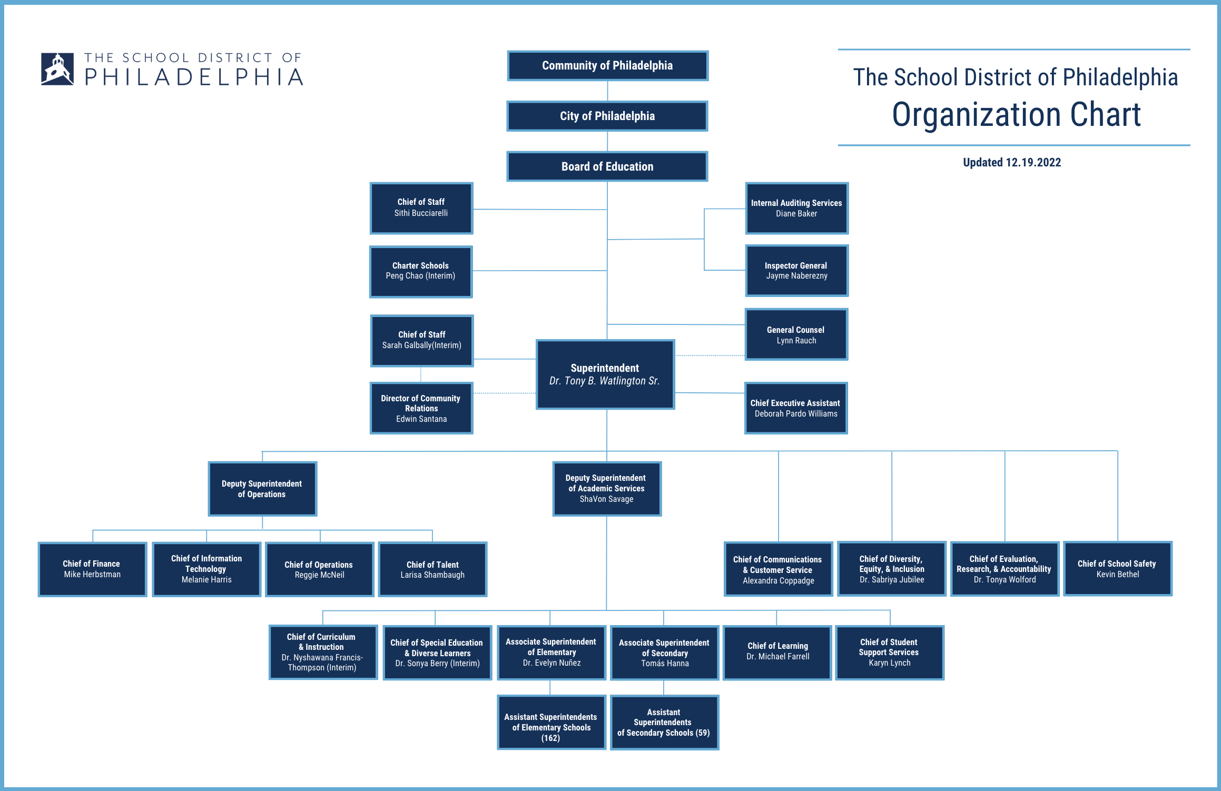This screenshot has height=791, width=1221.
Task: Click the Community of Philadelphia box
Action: (607, 66)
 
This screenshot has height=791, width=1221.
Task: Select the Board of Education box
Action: (607, 166)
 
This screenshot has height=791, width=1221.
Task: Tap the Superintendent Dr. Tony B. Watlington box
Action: (605, 374)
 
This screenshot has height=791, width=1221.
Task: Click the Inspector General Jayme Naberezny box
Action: (796, 271)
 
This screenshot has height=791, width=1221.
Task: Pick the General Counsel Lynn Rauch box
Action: (796, 335)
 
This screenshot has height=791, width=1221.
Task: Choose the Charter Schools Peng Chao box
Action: (421, 271)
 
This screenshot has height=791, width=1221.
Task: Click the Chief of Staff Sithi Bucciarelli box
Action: (421, 208)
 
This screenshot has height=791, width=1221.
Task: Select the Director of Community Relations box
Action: (421, 408)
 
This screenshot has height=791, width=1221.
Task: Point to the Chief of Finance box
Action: (92, 569)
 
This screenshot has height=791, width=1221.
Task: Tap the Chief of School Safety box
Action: (1117, 569)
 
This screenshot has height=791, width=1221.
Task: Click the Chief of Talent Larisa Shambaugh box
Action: (432, 569)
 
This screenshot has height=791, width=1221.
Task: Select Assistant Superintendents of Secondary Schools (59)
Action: (664, 723)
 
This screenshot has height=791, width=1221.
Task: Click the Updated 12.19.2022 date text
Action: (1012, 162)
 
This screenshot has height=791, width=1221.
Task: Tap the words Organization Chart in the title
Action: (1016, 115)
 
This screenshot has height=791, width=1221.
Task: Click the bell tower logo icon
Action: (57, 69)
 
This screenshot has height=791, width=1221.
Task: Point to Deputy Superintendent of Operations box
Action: (262, 489)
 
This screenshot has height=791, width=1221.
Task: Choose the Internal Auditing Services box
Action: (796, 208)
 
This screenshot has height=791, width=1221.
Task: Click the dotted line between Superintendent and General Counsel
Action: (710, 356)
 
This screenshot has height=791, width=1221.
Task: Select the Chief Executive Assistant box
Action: (795, 408)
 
